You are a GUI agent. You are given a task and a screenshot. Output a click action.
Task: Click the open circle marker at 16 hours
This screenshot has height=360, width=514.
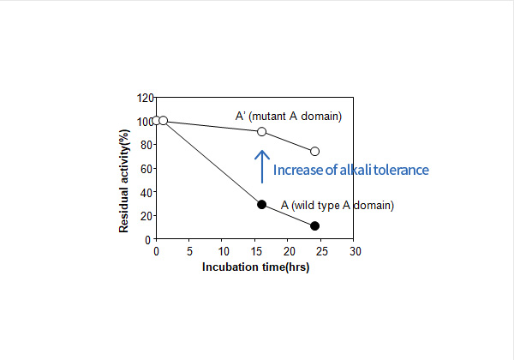click(262, 132)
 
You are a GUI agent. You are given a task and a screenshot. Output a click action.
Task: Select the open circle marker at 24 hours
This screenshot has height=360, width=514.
click(315, 151)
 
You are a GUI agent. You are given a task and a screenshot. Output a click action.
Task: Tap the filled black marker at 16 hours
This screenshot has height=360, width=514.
click(262, 204)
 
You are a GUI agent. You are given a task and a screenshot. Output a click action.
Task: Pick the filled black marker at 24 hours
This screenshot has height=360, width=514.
click(315, 225)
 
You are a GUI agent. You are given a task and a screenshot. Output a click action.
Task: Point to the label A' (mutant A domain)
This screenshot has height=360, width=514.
click(289, 116)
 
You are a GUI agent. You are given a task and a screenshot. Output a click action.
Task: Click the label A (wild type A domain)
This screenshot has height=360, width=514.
click(337, 206)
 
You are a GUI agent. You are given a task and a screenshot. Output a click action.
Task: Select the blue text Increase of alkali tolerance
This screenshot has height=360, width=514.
click(350, 170)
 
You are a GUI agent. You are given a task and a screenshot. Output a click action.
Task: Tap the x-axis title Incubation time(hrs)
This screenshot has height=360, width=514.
click(255, 267)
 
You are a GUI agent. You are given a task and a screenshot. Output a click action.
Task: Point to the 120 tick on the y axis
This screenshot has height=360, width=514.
click(145, 98)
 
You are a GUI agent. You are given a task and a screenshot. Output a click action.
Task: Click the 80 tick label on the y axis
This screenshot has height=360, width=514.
click(147, 145)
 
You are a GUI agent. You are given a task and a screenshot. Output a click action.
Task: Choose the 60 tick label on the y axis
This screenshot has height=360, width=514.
click(147, 168)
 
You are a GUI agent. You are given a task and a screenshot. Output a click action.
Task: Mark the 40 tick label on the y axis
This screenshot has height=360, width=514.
click(147, 192)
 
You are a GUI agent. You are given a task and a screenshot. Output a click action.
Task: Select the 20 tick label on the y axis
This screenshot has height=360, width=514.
click(147, 215)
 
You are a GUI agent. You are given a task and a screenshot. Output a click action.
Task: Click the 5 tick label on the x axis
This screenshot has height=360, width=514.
click(189, 252)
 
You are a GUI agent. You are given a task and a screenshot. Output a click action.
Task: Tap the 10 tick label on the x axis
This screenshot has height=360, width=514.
click(222, 252)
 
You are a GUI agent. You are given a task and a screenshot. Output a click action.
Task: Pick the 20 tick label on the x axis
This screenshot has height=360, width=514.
click(289, 252)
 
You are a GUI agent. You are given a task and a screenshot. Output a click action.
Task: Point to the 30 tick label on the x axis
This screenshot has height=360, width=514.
click(356, 252)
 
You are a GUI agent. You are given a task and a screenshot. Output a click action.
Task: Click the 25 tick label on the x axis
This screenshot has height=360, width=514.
click(322, 252)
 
